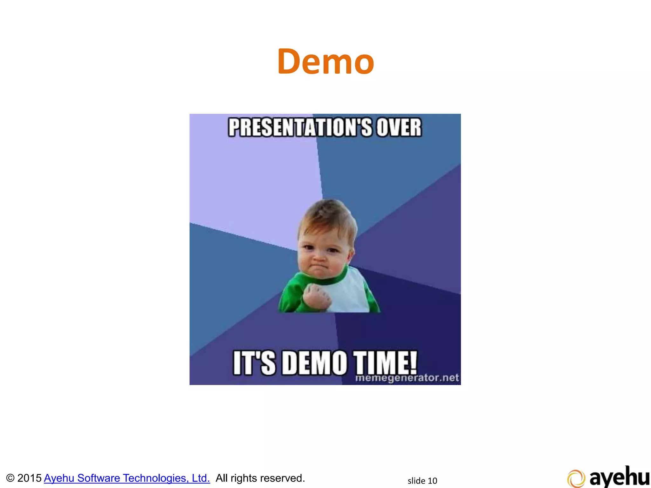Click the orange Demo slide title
click(x=325, y=61)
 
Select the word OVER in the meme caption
click(x=399, y=127)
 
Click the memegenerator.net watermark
click(x=407, y=378)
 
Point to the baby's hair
click(x=327, y=213)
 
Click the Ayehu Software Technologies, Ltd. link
click(x=127, y=478)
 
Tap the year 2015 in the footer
click(x=29, y=478)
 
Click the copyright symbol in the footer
click(x=10, y=478)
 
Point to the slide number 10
click(x=432, y=481)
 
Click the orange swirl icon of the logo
click(x=576, y=478)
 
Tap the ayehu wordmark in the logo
click(x=619, y=477)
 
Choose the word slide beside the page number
click(x=416, y=481)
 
